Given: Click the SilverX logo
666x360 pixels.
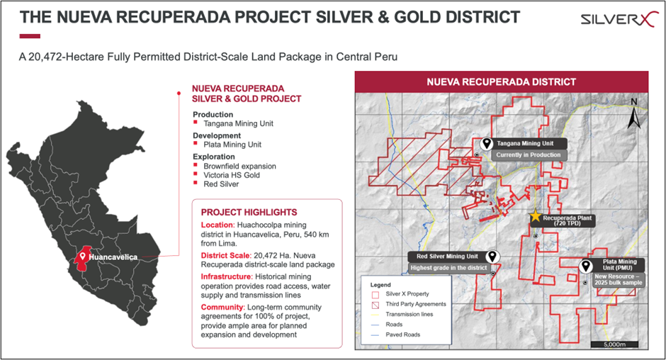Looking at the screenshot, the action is pos(619,20).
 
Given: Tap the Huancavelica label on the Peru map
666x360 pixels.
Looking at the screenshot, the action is pos(113,257).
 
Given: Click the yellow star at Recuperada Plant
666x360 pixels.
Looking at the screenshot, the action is pos(535,216).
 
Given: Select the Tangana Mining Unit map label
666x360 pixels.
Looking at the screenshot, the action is pos(525,144).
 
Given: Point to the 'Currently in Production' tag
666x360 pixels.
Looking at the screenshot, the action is pos(529,155).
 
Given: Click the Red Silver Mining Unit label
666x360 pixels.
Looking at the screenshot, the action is pos(447,257).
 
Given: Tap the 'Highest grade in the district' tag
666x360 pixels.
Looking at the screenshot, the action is pos(448,268).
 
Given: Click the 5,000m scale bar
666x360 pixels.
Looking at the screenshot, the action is pos(614,344).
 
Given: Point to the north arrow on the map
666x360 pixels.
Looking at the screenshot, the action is pos(633,113).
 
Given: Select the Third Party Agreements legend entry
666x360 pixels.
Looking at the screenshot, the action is pos(409,304).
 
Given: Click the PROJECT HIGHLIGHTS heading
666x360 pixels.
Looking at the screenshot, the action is pos(249,213).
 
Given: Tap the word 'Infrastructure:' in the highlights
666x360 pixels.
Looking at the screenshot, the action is pos(227,276).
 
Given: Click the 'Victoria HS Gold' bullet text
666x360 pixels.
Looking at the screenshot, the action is pos(232,175).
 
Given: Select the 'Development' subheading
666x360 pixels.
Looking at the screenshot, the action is pos(217,135).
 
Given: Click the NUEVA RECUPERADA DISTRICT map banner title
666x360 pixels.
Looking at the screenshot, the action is pos(501,82).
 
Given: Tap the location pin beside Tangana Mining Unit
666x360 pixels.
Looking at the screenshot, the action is pos(486,144).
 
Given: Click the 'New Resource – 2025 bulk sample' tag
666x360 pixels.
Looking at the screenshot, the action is pos(618,280).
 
